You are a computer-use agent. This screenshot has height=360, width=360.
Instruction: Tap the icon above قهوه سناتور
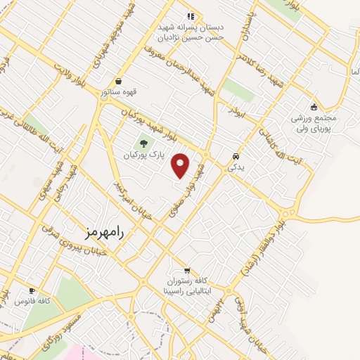point(117,81)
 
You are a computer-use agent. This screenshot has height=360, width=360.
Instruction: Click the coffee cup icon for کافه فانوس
point(31,290)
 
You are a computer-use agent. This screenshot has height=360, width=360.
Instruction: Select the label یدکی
point(234,168)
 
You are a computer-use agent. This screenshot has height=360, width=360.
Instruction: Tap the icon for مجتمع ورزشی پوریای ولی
point(314,107)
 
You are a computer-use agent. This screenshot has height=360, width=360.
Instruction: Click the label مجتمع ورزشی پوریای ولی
point(314,124)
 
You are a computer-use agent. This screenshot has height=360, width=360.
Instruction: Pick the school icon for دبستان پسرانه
point(190,15)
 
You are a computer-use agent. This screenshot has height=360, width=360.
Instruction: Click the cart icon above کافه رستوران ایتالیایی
point(186,270)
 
